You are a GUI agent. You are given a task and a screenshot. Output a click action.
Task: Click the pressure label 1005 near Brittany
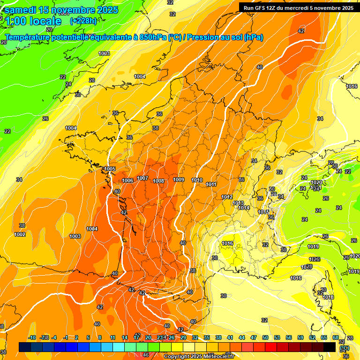point(110,169)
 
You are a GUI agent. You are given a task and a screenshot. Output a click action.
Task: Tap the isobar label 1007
point(143,178)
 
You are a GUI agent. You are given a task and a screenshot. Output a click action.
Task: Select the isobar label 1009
point(179,180)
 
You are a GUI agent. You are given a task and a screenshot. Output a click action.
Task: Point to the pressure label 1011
point(211,184)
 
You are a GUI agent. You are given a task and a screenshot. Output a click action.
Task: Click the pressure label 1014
point(243,208)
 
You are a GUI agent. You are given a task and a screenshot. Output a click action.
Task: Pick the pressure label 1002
point(20,234)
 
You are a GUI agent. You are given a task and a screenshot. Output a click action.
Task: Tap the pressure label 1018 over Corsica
point(328,297)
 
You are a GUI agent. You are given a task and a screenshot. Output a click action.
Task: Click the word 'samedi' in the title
point(22,9)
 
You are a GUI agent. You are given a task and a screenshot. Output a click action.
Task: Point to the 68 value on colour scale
point(336,337)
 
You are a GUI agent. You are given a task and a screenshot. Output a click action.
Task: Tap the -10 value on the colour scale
point(32,337)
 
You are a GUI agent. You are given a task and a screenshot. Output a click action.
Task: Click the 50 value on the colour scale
point(265,337)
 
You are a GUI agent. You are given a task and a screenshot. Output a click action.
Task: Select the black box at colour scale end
point(330,347)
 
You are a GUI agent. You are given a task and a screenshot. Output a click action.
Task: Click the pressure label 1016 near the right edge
point(352,86)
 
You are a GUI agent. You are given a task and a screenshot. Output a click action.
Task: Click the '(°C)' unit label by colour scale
point(344,348)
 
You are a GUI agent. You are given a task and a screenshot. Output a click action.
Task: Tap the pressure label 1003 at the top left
point(104,53)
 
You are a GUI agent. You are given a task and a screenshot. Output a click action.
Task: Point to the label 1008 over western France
point(158,181)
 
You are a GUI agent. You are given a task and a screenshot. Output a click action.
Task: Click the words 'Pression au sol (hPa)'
point(225,37)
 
